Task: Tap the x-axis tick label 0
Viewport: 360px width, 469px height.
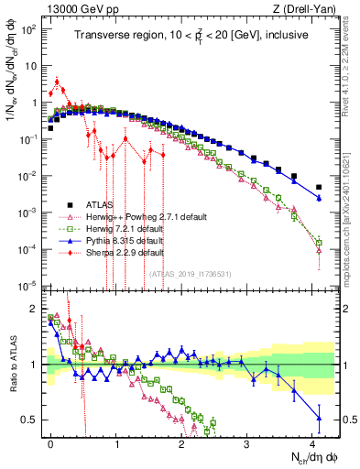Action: click(x=50, y=442)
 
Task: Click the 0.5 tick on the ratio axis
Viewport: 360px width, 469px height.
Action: click(x=33, y=420)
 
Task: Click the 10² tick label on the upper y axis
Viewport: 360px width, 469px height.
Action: click(x=30, y=28)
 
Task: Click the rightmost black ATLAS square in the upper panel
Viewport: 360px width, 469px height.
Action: click(x=319, y=187)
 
